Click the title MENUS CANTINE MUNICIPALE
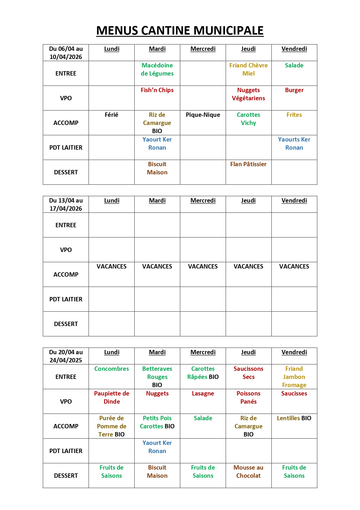180,31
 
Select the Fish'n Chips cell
157,90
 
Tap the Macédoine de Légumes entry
157,69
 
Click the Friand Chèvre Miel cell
249,69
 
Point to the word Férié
111,115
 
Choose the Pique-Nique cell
203,115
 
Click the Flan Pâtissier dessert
248,164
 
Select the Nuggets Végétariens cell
249,94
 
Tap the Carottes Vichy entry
249,119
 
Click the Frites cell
294,115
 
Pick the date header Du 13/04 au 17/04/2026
66,204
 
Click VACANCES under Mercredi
203,266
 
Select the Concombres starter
111,369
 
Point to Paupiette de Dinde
111,398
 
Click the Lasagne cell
203,393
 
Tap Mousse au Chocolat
249,472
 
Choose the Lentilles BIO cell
294,418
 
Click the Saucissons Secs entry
249,373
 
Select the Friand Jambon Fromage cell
294,377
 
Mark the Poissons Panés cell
249,398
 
